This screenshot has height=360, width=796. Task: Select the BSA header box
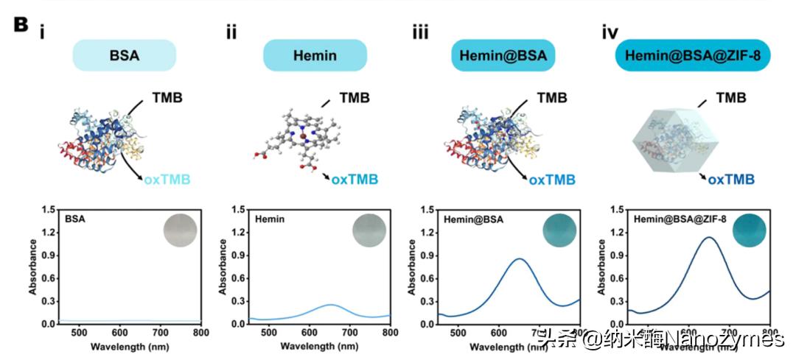(124, 55)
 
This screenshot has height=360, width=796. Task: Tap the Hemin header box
(315, 55)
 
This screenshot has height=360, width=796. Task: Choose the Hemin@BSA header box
(503, 55)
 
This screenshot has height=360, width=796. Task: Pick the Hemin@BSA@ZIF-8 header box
(692, 55)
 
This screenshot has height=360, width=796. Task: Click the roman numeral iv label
(610, 32)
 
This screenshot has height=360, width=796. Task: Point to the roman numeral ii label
(231, 32)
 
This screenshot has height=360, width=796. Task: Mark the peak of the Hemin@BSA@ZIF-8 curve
(709, 237)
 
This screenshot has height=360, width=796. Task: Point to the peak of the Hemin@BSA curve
(520, 258)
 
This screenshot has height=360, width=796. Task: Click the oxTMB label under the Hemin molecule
(356, 179)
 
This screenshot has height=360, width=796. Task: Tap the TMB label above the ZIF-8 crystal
(731, 97)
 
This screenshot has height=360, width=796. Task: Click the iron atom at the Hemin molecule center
(301, 135)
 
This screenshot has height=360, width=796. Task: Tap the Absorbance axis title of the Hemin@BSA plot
(411, 267)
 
